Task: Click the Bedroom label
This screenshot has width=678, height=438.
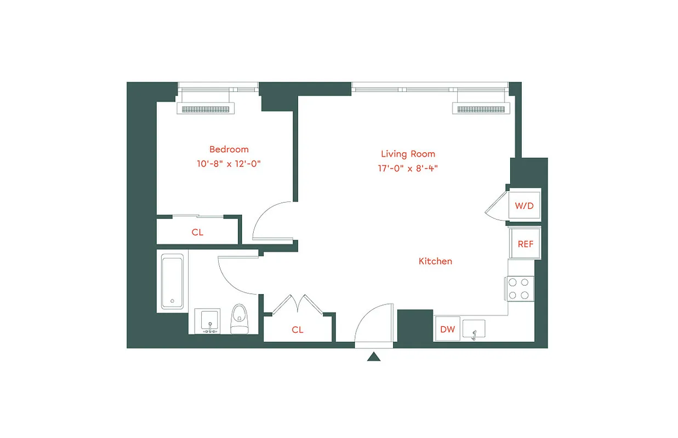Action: point(229,149)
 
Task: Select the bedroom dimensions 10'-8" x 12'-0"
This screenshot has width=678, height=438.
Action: point(229,164)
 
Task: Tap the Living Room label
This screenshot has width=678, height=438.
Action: point(408,154)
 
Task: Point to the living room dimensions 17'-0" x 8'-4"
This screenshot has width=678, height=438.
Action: point(408,169)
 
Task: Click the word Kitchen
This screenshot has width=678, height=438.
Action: point(435,261)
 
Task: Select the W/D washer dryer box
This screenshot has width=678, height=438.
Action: point(524,206)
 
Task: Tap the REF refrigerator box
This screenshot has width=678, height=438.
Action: point(525,244)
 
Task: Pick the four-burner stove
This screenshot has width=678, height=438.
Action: point(519,289)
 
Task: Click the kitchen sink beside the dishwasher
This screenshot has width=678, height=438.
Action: point(474,330)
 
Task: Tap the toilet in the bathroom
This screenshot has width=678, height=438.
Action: point(239,319)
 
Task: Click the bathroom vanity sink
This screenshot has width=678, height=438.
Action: point(208,321)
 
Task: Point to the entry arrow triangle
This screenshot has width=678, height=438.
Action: point(374,357)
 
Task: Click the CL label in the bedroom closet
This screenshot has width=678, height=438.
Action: point(197,232)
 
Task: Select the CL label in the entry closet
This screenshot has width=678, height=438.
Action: point(297,330)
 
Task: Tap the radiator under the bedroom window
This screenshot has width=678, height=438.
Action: point(206,109)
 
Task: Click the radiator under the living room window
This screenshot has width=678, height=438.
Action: point(481,109)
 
